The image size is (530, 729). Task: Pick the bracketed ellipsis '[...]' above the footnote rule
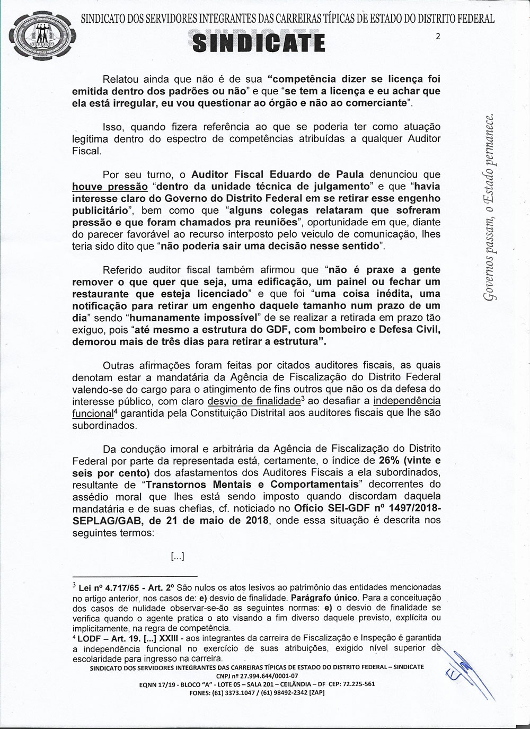click(177, 556)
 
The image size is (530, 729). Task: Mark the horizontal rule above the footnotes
click(135, 576)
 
